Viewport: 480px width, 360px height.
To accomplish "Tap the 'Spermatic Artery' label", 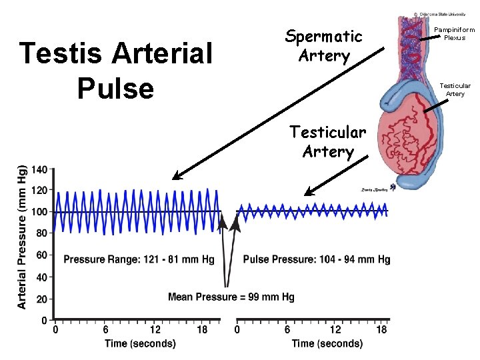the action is pos(323,45).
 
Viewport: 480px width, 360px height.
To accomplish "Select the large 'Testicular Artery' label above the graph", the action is pos(327,141).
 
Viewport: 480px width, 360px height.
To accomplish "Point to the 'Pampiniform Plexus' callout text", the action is pos(454,33).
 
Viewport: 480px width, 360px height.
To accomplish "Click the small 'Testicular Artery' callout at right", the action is pos(455,89).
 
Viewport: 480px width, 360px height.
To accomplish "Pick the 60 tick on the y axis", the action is pos(40,255).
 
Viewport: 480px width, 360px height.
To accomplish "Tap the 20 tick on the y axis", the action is pos(40,299).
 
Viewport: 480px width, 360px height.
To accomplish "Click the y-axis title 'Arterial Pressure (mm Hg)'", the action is pos(21,237).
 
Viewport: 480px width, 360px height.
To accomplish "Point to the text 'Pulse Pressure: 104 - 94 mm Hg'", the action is pos(317,259).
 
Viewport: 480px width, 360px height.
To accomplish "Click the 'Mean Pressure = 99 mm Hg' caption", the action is pos(231,297).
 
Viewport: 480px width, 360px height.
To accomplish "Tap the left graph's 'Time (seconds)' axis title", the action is pos(140,344).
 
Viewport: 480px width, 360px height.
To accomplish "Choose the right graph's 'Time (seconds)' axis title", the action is pos(327,344).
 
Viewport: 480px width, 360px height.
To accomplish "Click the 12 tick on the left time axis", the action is pos(155,329).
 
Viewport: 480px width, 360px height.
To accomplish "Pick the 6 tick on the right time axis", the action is pos(287,329).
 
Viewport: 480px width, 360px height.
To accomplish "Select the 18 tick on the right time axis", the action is pos(382,329).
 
